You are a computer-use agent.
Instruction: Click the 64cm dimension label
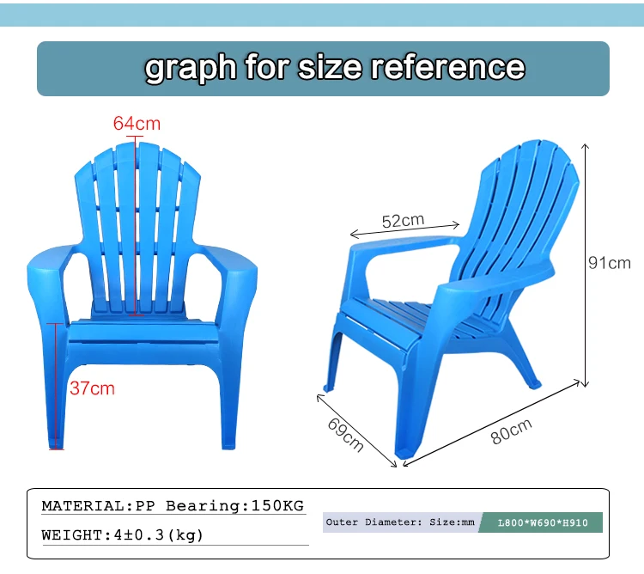137,124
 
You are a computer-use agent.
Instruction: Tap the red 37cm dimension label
92,388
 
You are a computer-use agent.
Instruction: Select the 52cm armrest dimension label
403,221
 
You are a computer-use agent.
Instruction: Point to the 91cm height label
609,263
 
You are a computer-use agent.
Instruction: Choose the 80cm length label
511,430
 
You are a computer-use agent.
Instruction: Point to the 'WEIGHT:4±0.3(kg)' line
123,534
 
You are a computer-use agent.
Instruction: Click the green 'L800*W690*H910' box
544,522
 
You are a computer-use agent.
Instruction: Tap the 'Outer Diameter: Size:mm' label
400,522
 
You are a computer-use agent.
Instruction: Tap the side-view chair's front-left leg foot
327,388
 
